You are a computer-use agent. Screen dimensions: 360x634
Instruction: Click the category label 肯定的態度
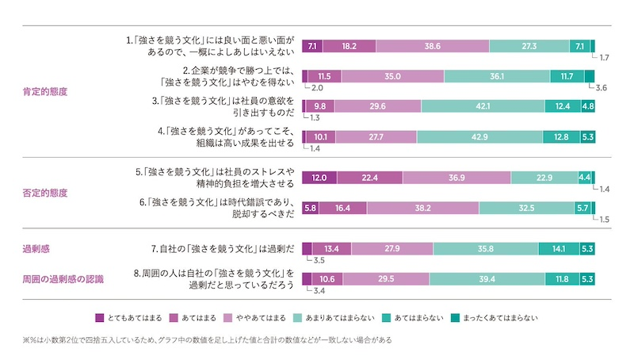tap(45, 91)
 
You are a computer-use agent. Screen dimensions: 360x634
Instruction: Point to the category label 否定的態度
tap(45, 193)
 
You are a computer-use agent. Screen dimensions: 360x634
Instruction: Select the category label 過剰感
tap(36, 249)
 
